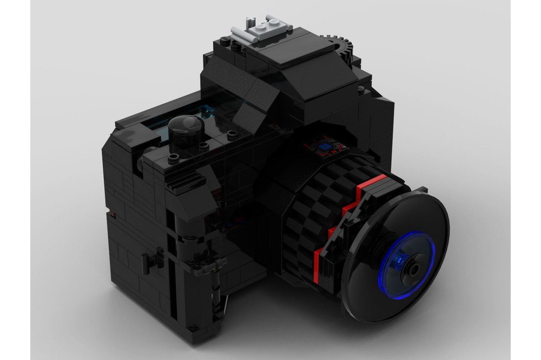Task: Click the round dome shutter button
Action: pyautogui.click(x=186, y=130)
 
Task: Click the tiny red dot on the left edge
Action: pyautogui.click(x=113, y=216)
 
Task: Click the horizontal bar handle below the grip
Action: pyautogui.click(x=211, y=265)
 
